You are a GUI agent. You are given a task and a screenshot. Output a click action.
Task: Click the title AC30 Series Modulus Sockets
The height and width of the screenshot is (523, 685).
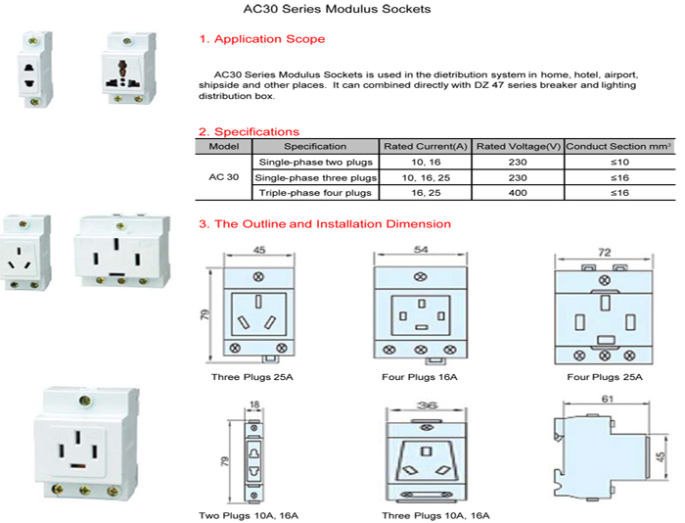click(x=336, y=10)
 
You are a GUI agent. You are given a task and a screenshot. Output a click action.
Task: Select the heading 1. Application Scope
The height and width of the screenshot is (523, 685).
click(x=262, y=39)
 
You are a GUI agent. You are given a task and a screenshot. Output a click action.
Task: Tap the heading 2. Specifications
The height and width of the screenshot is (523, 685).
click(x=249, y=131)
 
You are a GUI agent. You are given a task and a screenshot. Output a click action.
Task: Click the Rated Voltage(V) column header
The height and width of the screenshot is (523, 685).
click(x=519, y=146)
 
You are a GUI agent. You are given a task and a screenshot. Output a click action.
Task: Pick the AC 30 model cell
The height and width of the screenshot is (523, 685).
click(x=224, y=177)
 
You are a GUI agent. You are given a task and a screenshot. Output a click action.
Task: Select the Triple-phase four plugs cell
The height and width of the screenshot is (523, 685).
click(x=315, y=193)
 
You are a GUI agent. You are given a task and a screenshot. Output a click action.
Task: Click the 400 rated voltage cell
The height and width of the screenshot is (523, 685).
click(x=519, y=193)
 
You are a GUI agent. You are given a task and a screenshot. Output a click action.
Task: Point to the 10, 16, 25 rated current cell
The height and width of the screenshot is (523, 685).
click(x=426, y=177)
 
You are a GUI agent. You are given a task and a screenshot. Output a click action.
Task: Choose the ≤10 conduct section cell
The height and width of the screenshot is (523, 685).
click(x=619, y=162)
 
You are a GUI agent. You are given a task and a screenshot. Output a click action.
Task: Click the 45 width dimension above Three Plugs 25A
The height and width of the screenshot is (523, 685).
click(x=259, y=250)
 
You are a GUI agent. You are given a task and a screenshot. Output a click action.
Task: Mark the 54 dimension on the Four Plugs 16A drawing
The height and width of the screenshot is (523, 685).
click(x=420, y=251)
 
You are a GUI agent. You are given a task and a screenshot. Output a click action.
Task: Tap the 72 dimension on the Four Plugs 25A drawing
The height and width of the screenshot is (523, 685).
click(x=604, y=253)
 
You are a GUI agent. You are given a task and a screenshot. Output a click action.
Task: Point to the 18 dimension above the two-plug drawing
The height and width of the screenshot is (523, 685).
click(x=255, y=403)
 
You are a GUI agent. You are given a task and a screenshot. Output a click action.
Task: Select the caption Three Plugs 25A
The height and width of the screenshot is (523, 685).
click(x=251, y=376)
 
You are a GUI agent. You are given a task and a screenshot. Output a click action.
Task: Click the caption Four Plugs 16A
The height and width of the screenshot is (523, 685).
click(x=420, y=376)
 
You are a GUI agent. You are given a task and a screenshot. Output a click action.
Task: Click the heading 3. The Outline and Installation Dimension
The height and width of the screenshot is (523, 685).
click(x=325, y=224)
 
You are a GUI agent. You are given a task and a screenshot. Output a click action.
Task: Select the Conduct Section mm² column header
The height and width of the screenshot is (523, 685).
click(x=619, y=146)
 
